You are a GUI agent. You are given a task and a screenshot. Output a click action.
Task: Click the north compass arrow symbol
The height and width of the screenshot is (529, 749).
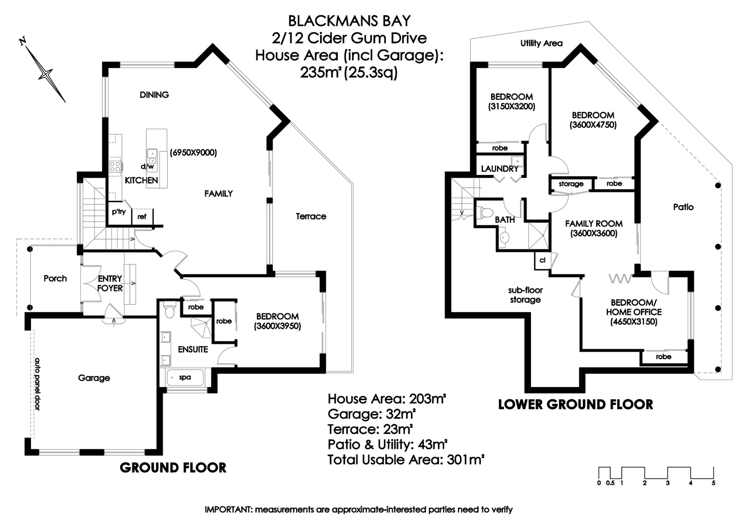(x=46, y=74)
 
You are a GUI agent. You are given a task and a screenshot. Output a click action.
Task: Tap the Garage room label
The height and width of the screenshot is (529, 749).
(x=94, y=378)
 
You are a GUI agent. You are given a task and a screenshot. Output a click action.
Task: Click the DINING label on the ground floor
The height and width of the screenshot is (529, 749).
(x=154, y=95)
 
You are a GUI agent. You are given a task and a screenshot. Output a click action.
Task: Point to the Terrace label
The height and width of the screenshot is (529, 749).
(x=311, y=216)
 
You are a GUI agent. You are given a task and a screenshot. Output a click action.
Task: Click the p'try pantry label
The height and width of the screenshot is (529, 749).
(x=119, y=212)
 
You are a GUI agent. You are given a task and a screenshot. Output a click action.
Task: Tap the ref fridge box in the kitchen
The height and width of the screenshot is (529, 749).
(x=142, y=216)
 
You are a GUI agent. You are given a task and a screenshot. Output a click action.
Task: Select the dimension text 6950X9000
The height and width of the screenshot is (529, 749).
(x=193, y=152)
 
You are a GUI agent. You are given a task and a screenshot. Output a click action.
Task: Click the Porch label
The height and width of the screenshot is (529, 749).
(x=55, y=278)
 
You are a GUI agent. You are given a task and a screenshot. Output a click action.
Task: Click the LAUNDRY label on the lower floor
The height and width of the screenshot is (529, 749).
(x=499, y=168)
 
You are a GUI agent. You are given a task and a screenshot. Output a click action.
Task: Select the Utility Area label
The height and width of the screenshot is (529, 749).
(x=541, y=43)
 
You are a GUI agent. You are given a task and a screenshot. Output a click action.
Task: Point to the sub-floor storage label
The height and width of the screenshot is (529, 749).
(x=525, y=295)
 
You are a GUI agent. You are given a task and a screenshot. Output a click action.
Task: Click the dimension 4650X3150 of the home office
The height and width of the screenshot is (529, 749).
(x=634, y=322)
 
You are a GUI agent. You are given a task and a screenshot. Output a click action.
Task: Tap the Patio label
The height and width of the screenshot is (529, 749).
(x=683, y=207)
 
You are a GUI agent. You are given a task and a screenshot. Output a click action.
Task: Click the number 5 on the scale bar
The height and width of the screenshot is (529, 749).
(x=713, y=483)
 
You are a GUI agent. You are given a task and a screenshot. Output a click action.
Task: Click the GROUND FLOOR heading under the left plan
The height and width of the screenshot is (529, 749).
(x=173, y=468)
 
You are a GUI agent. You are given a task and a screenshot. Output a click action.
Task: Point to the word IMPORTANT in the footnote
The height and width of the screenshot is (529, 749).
(x=228, y=509)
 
